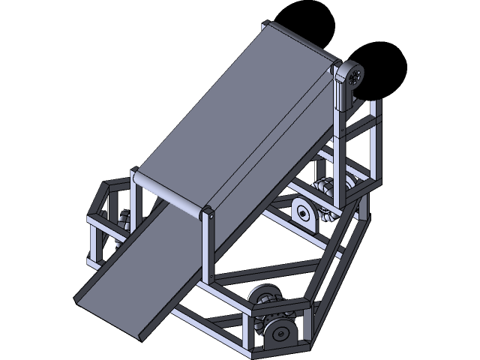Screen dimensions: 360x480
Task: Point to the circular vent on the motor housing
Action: click(355, 74)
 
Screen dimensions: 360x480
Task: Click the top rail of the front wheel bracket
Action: click(277, 304)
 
